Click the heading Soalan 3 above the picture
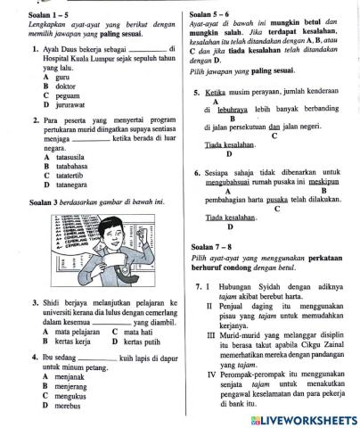coord(42,202)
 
